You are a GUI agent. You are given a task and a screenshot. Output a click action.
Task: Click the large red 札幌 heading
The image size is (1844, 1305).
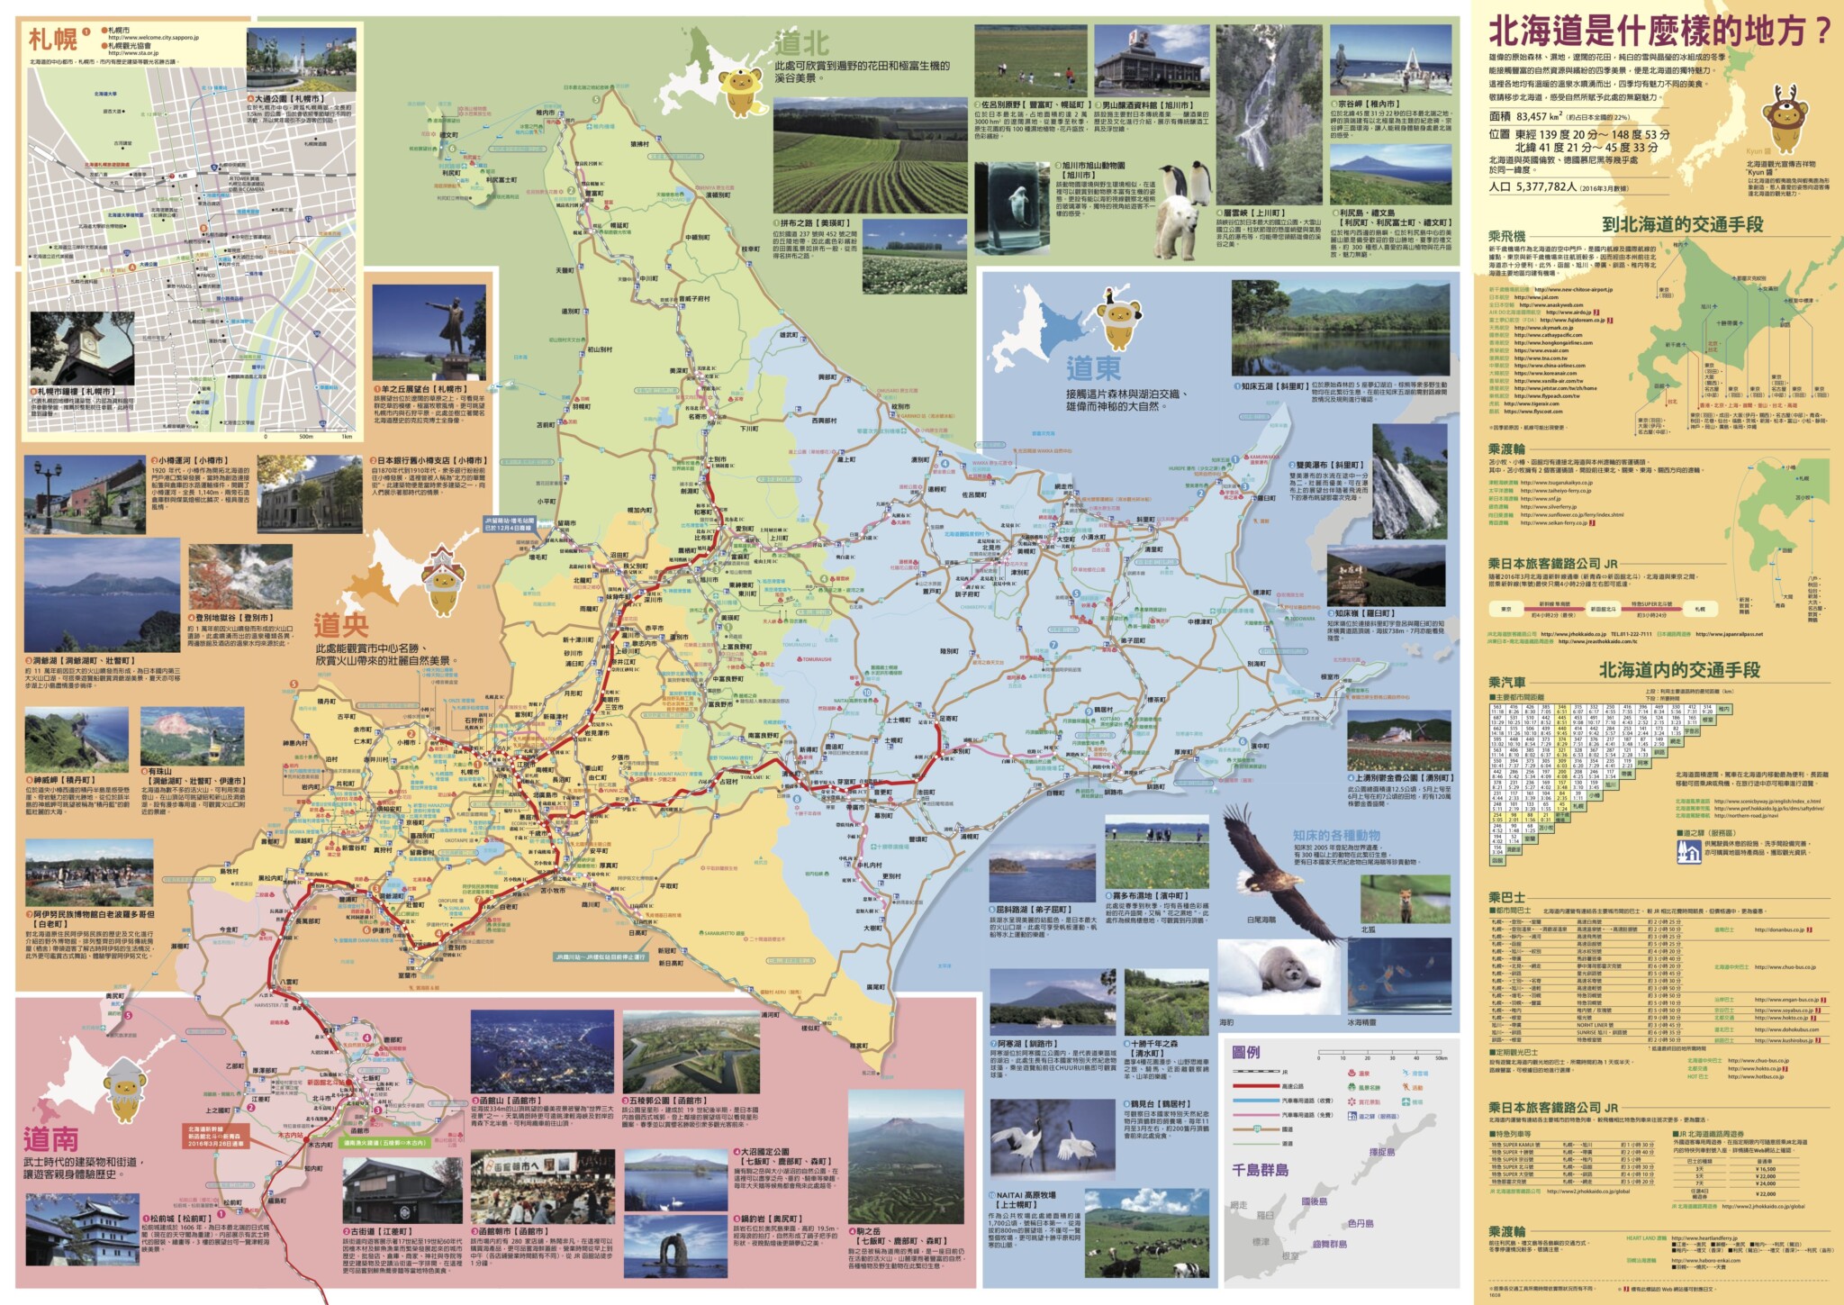point(52,41)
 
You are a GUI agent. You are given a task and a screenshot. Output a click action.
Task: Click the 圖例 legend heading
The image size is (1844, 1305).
point(1246,1052)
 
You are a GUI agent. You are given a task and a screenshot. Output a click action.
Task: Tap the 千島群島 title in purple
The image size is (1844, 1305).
point(1260,1170)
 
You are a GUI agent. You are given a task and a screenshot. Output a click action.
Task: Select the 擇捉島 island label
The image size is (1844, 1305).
point(1381,1152)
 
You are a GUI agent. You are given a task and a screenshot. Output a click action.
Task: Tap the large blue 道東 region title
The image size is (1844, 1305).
point(1093,369)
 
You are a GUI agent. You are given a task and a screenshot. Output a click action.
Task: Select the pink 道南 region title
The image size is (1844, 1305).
point(50,1139)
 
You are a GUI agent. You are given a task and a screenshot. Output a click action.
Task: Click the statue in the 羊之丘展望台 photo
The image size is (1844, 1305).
point(449,328)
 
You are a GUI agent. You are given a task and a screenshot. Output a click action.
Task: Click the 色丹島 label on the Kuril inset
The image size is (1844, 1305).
point(1360,1224)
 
